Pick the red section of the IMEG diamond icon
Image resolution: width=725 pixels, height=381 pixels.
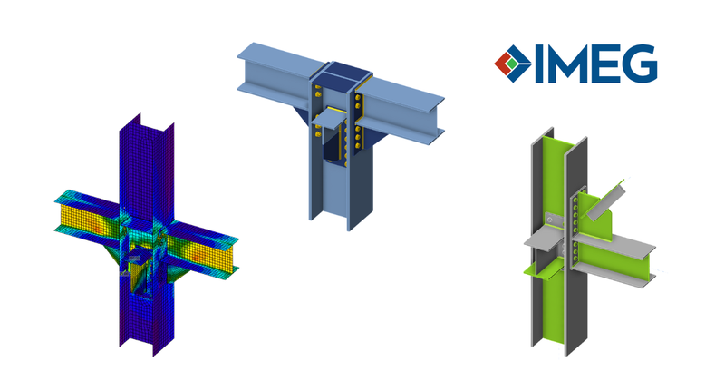pos(501,64)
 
